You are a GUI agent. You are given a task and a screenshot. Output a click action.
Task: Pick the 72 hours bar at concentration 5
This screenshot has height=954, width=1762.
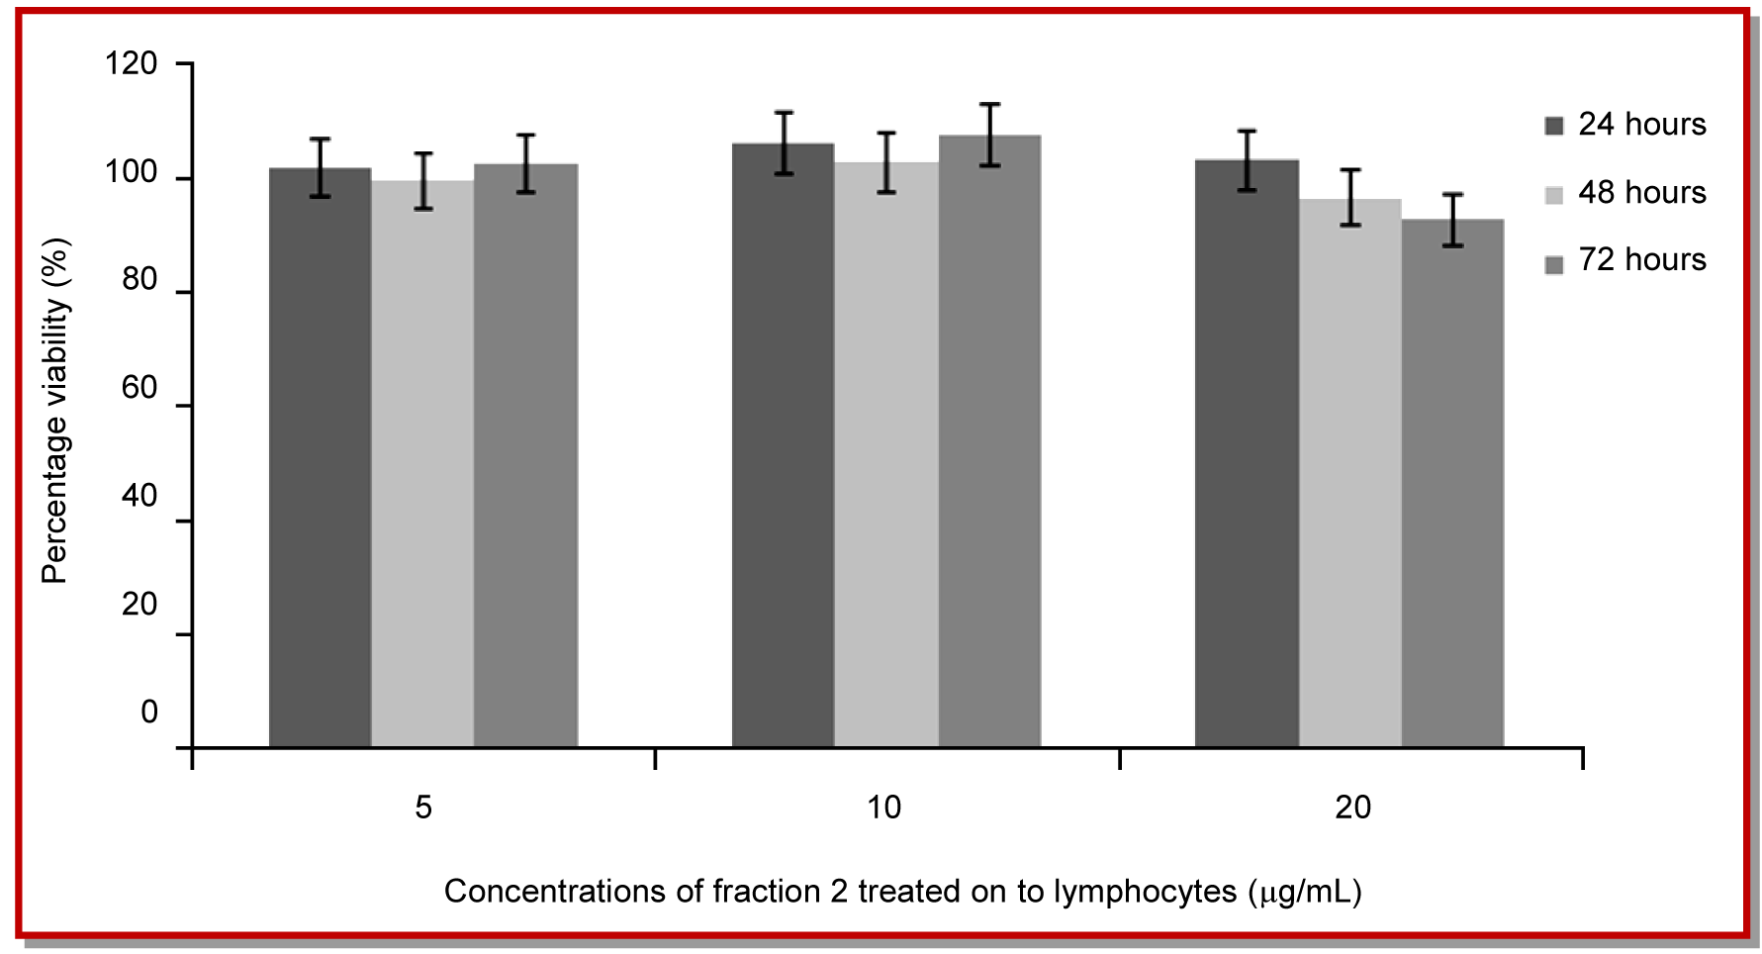tap(525, 455)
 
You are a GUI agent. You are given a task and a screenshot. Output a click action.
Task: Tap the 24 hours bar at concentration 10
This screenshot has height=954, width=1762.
tap(783, 445)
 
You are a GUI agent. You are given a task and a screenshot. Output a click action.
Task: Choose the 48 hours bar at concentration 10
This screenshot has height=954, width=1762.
tap(885, 454)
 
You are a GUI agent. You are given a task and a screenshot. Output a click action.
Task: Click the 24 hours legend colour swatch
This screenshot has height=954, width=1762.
tap(1553, 126)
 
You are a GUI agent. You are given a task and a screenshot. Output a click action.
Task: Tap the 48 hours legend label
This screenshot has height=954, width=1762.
tap(1642, 192)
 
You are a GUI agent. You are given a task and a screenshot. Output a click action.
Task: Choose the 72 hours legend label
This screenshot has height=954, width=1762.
tap(1642, 259)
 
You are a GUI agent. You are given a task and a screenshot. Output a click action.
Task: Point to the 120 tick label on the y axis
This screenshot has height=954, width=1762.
tap(132, 64)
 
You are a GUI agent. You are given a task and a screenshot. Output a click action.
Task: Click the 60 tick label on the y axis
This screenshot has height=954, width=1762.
tap(139, 388)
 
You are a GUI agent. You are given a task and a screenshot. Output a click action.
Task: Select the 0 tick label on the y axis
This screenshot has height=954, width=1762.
tap(149, 712)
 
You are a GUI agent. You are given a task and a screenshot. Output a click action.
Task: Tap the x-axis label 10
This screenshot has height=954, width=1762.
tap(883, 808)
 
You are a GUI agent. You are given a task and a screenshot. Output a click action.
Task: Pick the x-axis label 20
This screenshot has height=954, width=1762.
tap(1352, 808)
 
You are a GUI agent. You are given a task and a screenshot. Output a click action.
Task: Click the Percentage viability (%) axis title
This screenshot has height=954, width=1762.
tap(55, 411)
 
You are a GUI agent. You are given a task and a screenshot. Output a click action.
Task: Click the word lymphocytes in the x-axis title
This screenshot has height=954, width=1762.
tap(1145, 892)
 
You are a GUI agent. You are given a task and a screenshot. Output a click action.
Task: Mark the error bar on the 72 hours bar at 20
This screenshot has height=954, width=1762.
tap(1452, 220)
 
